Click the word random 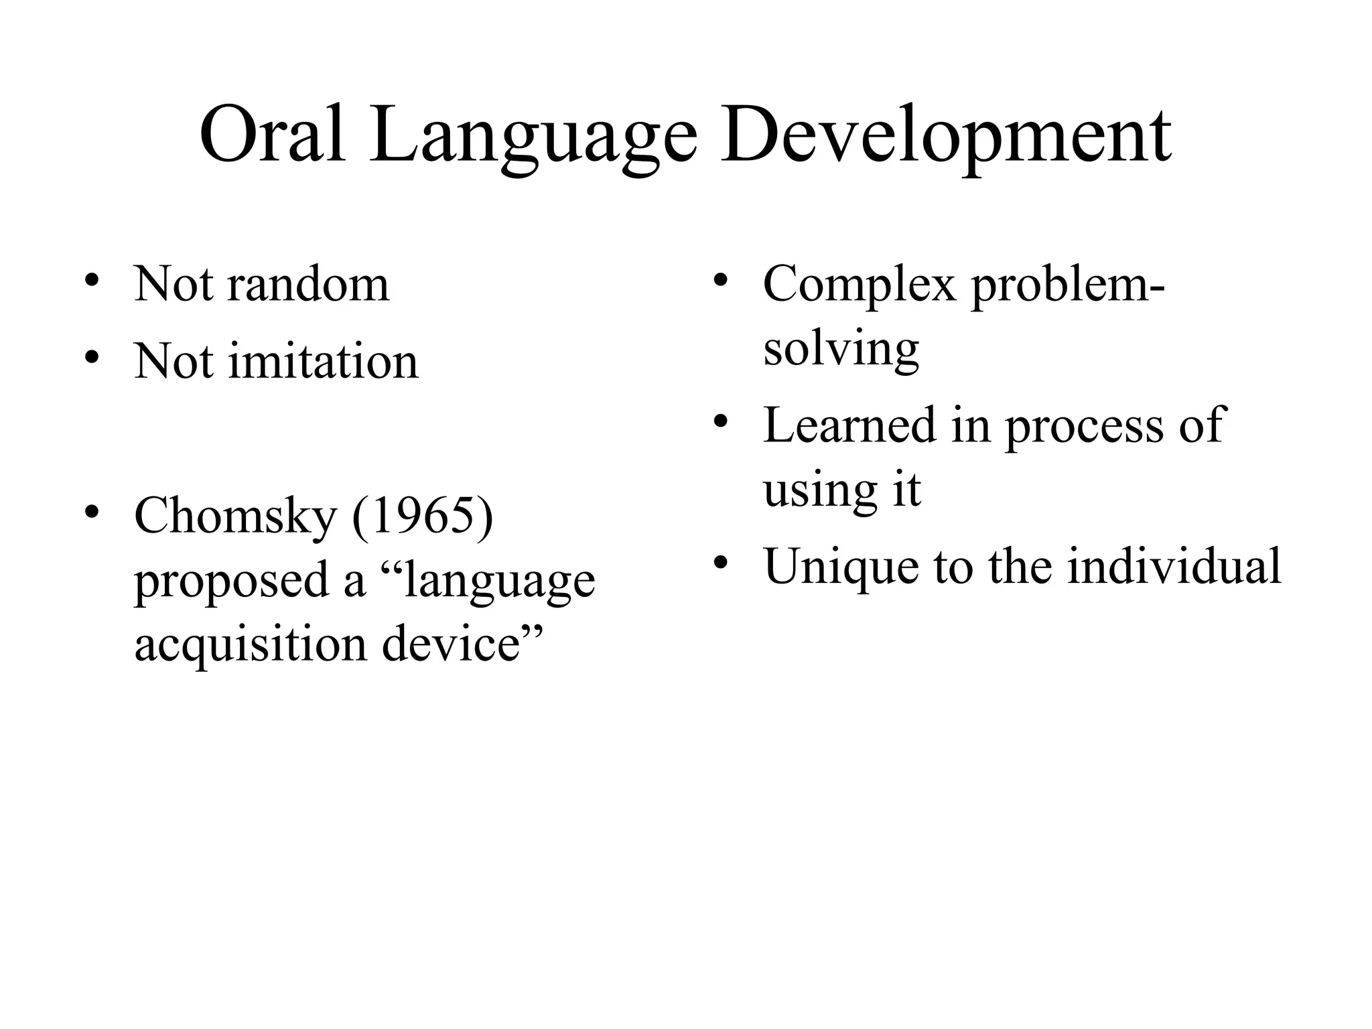[308, 285]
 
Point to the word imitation [324, 362]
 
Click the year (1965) [422, 516]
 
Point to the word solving [841, 349]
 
